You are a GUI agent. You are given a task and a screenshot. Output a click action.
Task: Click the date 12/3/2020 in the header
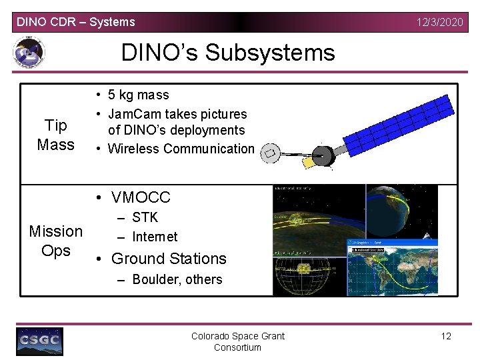(439, 22)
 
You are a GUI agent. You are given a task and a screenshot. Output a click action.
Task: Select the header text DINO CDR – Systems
(75, 22)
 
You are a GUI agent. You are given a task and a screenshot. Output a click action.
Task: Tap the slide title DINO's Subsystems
(227, 52)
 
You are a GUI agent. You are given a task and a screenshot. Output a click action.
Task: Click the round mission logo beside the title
(29, 52)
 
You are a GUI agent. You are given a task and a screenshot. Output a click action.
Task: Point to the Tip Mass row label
(56, 135)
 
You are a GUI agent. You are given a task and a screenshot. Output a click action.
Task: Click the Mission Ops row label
(56, 241)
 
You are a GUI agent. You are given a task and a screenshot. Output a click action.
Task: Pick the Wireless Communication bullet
(181, 149)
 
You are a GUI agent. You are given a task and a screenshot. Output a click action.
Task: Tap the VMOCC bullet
(141, 197)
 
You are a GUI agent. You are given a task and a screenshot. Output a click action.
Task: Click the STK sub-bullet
(145, 217)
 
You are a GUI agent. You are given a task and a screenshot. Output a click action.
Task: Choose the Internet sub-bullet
(155, 237)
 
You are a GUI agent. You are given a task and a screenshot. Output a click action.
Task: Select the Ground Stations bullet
(169, 259)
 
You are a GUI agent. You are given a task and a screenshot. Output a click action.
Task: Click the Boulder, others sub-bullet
(177, 279)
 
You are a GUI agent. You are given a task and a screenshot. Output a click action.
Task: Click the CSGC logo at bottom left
(39, 341)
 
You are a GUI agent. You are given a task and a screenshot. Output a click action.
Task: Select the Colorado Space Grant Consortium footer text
(237, 341)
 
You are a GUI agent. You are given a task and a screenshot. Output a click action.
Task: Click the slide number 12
(446, 336)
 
